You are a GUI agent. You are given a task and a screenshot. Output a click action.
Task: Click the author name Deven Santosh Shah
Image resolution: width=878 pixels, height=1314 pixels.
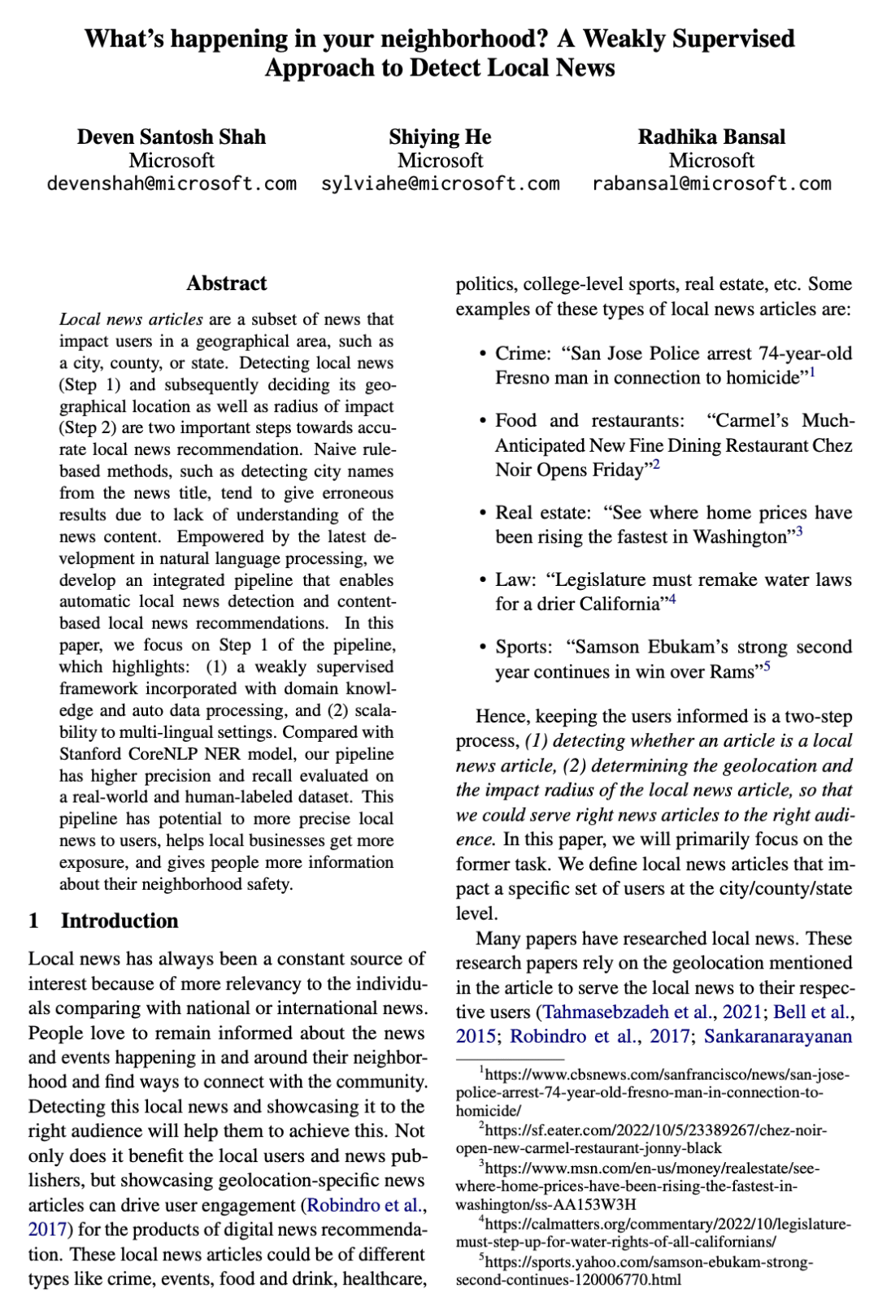tap(172, 137)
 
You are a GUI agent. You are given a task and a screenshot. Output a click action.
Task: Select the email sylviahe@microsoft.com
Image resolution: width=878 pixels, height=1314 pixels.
tap(440, 184)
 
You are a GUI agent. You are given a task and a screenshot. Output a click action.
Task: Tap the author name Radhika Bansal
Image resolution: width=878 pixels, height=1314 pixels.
tap(711, 137)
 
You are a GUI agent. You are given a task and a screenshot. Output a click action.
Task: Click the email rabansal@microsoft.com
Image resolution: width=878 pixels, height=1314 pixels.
tap(711, 184)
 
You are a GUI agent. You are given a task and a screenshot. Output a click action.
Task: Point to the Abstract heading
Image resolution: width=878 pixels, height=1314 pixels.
tap(226, 284)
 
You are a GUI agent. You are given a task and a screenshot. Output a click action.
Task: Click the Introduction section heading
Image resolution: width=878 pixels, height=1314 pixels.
tap(120, 921)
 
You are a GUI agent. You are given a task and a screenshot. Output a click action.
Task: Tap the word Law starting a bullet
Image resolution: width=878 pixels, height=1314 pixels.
tap(515, 579)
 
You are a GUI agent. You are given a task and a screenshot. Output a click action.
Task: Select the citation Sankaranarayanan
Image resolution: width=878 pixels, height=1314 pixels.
tap(778, 1037)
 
